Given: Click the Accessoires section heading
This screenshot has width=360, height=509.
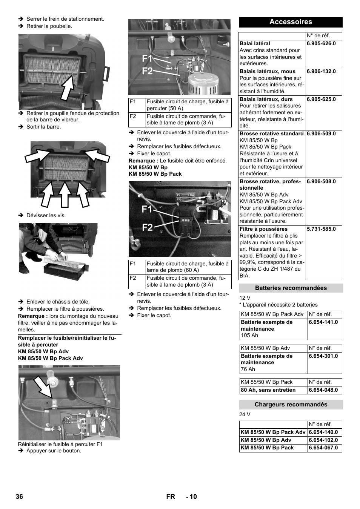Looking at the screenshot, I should coord(291,22).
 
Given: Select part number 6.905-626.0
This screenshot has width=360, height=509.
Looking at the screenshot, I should coord(321,43).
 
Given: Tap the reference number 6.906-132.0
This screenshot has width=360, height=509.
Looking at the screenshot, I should coord(321,71).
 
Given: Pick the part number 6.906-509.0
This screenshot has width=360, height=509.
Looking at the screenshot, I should coord(321,133).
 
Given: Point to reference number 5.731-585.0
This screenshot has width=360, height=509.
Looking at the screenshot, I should coord(321,229).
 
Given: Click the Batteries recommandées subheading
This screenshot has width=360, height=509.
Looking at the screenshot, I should coord(291,288).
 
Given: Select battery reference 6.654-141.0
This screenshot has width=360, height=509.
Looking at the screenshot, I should coord(323,322).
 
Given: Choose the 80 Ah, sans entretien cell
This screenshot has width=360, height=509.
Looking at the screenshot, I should coord(268,390).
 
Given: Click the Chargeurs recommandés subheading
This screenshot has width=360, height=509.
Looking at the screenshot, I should coord(291,405).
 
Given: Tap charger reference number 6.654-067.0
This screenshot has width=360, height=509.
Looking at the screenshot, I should coord(323,448).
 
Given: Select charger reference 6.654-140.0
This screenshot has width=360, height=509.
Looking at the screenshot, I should coord(323,432).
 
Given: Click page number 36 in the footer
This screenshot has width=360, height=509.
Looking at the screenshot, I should coord(19,497).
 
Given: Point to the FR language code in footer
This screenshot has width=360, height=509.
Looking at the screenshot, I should coord(171,497).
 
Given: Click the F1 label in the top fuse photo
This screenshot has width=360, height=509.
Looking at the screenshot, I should coord(147,59).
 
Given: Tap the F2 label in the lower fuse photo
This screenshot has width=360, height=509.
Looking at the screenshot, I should coord(147,227).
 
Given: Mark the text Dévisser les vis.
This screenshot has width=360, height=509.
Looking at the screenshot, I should coord(46,215).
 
